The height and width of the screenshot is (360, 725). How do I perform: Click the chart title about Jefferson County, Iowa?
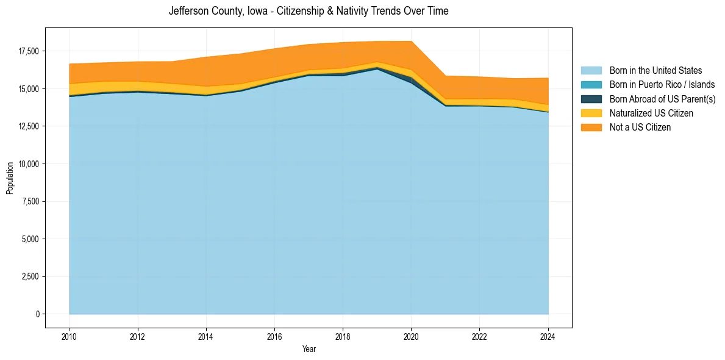[309, 11]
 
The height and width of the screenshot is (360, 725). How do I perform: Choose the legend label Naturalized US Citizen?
[651, 113]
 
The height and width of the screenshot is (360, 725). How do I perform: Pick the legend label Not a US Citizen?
[640, 128]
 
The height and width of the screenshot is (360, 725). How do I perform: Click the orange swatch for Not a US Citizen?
[591, 128]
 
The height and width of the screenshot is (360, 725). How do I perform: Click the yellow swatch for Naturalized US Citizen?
[591, 113]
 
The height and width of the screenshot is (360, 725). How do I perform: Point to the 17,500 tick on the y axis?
[29, 51]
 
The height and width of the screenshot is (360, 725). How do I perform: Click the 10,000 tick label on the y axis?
[29, 164]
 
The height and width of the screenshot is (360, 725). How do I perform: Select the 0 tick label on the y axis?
[37, 314]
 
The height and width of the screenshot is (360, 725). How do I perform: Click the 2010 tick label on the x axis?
[70, 336]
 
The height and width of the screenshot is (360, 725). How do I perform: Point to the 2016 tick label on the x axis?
[274, 336]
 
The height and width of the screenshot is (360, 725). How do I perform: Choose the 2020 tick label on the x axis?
[411, 336]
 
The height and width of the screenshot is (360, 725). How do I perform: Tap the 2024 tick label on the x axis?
[548, 336]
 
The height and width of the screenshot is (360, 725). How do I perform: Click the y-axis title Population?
[10, 178]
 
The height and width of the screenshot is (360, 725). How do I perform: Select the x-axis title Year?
[309, 349]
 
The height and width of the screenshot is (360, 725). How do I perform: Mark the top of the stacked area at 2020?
[411, 41]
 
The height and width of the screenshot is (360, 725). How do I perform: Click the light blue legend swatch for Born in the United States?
[591, 71]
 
